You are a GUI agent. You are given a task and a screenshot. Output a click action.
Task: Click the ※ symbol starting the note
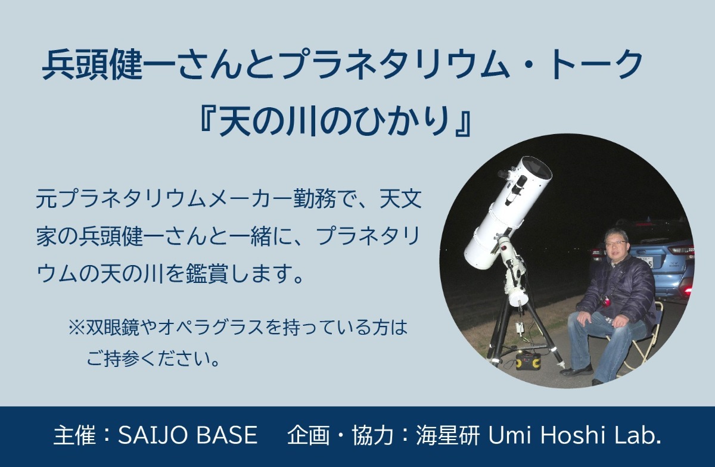pos(77,328)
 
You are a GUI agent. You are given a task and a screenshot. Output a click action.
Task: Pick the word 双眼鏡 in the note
pos(113,328)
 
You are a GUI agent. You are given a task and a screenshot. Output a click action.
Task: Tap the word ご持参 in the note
pos(113,359)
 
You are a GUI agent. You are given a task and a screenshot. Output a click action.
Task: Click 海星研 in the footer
pos(448,435)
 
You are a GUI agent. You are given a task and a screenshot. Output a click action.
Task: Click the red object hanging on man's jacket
pos(605,301)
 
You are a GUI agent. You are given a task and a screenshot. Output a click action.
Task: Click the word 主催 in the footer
pos(74,435)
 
